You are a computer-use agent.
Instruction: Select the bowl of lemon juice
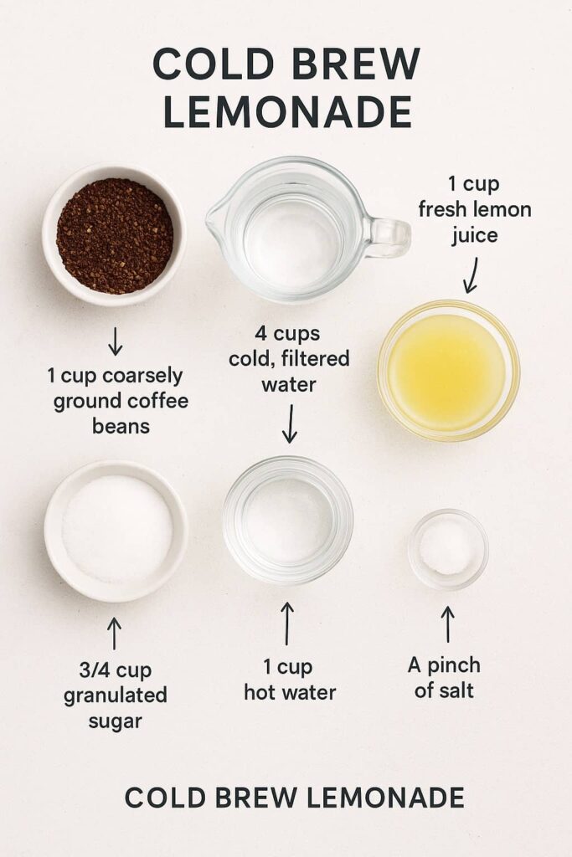pos(448,371)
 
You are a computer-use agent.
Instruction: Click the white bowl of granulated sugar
pos(116,531)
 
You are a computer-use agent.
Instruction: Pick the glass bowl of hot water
pos(287,521)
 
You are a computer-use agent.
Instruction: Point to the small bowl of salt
pos(448,549)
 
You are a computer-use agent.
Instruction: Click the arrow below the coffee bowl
pos(115,341)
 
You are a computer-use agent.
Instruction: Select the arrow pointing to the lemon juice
pos(472,275)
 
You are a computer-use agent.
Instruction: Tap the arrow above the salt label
pos(448,624)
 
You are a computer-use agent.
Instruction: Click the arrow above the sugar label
pos(114,634)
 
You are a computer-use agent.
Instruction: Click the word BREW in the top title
pos(355,64)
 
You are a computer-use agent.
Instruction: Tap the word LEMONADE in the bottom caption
pos(385,798)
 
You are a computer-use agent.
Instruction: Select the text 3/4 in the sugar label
pos(95,670)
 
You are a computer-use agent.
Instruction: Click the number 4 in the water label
pos(260,333)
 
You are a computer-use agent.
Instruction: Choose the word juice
pos(475,235)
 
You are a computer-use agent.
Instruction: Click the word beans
pos(121,426)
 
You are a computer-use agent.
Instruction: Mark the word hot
pos(260,692)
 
